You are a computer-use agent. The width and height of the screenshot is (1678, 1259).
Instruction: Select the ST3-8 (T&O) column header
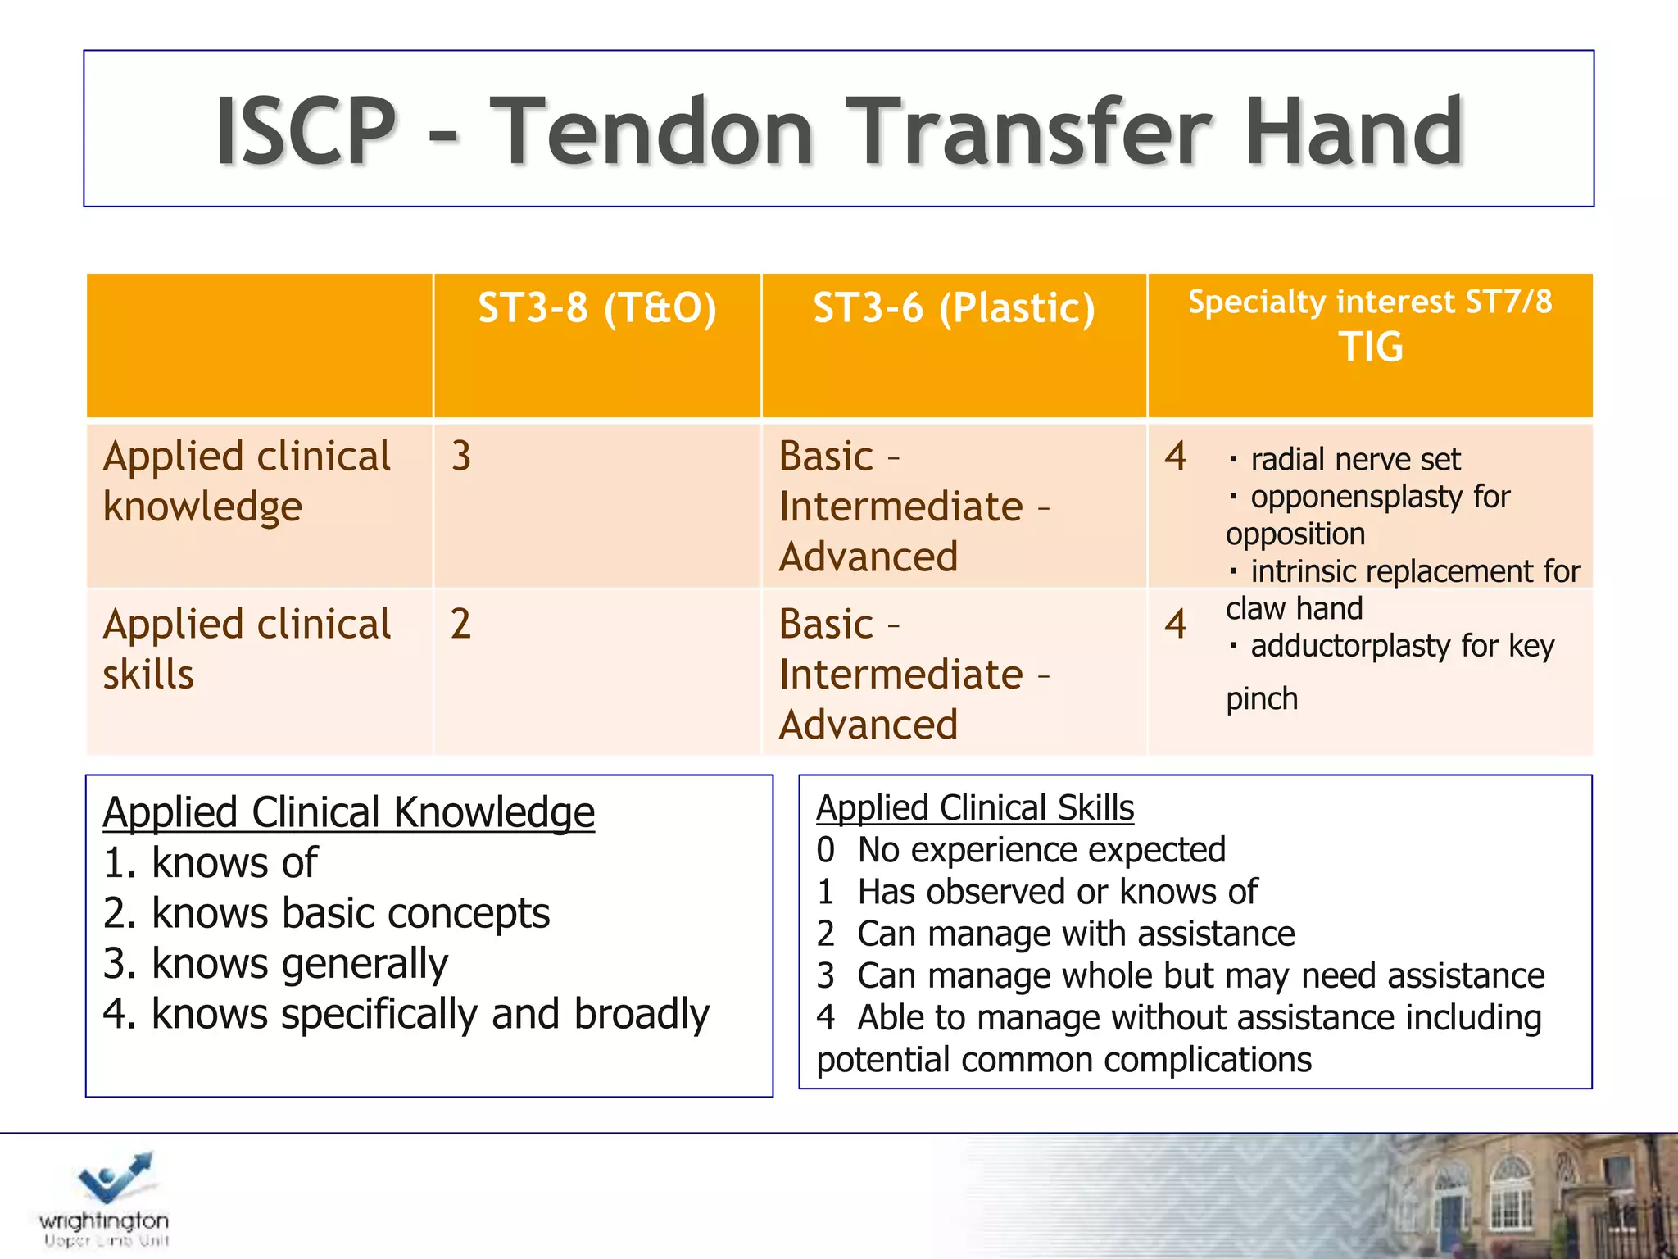coord(597,308)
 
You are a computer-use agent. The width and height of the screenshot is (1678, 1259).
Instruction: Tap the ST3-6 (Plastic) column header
coord(954,308)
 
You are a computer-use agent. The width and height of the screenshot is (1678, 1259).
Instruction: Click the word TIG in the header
coord(1370,347)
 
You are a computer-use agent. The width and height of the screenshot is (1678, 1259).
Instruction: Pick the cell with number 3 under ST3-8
coord(461,456)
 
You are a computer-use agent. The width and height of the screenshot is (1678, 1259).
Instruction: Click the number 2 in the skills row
coord(460,624)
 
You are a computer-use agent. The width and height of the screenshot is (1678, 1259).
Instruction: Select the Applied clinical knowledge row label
coord(247,481)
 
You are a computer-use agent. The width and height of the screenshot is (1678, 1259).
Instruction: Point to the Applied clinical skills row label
coord(247,649)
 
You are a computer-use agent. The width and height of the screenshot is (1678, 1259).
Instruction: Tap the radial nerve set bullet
coord(1354,459)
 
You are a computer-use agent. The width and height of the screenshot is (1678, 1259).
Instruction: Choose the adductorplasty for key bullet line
coord(1401,646)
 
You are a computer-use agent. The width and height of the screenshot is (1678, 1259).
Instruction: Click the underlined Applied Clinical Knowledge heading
coord(349,812)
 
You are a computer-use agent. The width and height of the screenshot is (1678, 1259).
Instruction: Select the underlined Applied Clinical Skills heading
coord(975,808)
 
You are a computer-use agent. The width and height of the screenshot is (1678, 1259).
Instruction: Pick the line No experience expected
coord(1041,850)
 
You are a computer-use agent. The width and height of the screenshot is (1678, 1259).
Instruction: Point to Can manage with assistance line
coord(1075,934)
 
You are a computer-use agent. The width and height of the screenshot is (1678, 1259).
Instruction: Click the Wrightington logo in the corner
coord(105,1199)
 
